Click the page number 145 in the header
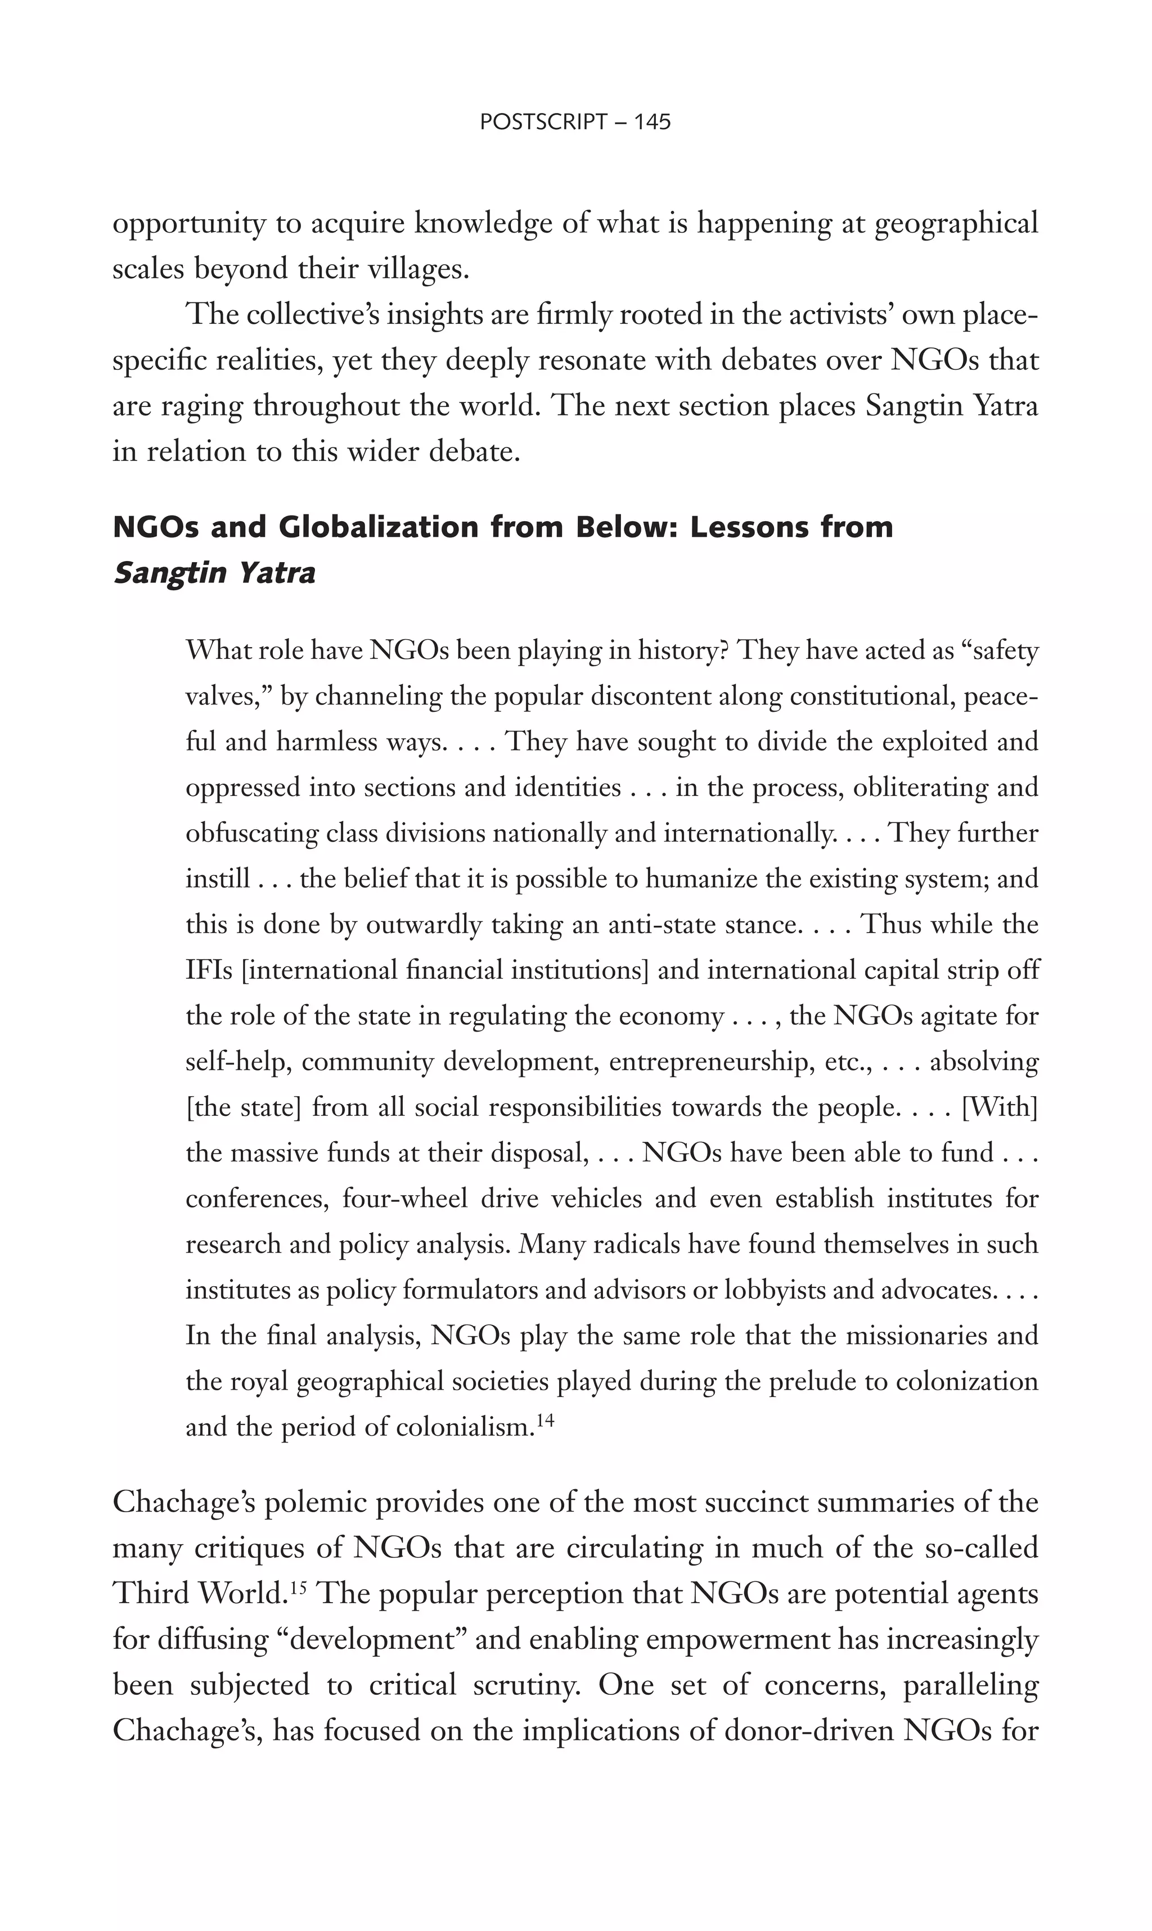click(x=651, y=122)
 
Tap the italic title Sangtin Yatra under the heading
click(x=214, y=572)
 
